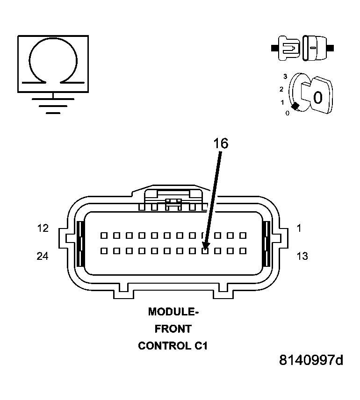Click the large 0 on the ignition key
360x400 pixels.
pos(317,98)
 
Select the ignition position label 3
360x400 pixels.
pos(285,76)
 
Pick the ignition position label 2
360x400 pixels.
pos(281,89)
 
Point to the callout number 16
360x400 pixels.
pos(221,144)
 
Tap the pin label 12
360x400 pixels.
pos(43,229)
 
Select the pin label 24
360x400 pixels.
pos(43,256)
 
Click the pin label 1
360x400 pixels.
pos(299,229)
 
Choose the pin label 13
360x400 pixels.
pos(302,256)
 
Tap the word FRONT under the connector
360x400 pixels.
pos(173,329)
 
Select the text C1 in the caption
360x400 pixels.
pos(200,346)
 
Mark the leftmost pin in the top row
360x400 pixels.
pos(104,236)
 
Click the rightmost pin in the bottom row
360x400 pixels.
pos(243,251)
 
